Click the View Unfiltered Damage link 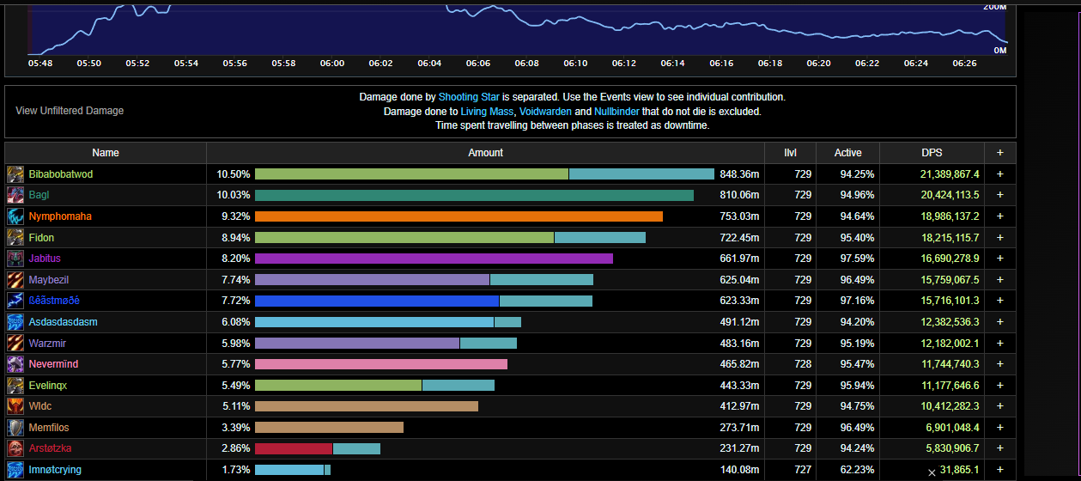pos(70,111)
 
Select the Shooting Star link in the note pos(469,97)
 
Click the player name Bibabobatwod pos(61,174)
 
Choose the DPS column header pos(932,153)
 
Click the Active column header pos(847,153)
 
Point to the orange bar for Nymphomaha pos(459,216)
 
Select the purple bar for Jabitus pos(434,259)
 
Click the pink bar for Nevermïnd pos(380,364)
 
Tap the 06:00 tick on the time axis pos(332,63)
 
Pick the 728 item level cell pos(803,364)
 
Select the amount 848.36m pos(739,174)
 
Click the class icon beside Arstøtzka pos(15,448)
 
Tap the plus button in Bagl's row pos(999,195)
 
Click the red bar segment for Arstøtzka pos(294,448)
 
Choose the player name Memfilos pos(49,428)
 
